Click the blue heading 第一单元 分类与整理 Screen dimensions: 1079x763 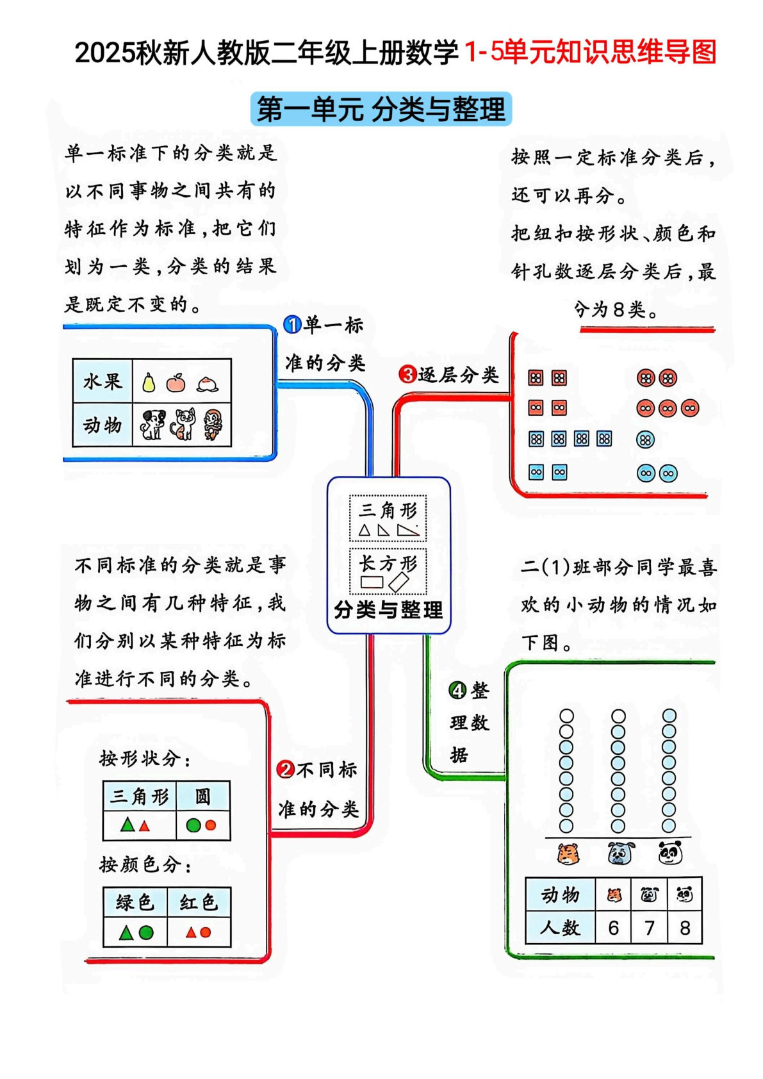tap(381, 109)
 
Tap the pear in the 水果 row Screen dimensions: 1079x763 tap(149, 383)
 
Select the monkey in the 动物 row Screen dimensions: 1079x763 tap(213, 424)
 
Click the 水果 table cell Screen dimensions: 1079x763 tap(103, 381)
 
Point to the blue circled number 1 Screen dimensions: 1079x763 tap(292, 325)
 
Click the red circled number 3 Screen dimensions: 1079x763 tap(407, 374)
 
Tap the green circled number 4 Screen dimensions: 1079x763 tap(457, 690)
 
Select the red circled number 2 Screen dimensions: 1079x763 tap(285, 770)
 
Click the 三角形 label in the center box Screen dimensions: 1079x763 tap(388, 510)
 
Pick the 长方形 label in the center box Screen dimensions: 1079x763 tap(388, 563)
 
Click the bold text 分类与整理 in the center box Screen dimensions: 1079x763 tap(388, 609)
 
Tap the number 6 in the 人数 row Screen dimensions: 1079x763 tap(613, 928)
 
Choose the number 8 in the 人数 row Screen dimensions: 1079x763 tap(684, 928)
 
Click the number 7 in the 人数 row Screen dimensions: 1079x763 tap(649, 928)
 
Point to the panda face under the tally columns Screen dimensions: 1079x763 tap(669, 853)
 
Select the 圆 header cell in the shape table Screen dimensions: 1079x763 tap(202, 796)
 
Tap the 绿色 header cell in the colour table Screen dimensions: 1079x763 tap(135, 903)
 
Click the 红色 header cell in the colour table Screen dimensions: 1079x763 tap(199, 903)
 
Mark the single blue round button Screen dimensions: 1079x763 tap(646, 440)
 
